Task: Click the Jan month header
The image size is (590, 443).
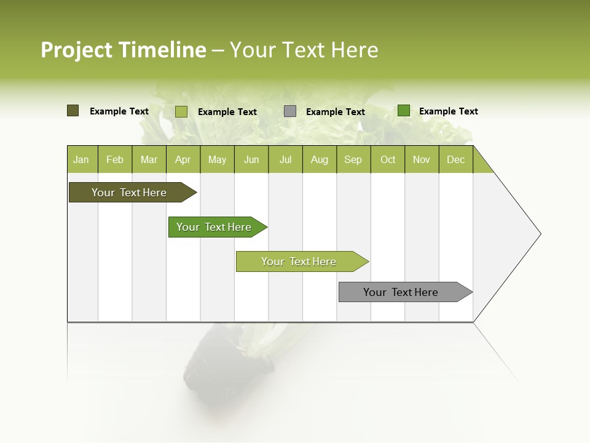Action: pyautogui.click(x=82, y=159)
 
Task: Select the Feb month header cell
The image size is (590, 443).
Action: pyautogui.click(x=115, y=159)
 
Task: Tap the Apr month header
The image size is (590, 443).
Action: pyautogui.click(x=183, y=159)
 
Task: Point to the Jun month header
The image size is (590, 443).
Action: pyautogui.click(x=251, y=159)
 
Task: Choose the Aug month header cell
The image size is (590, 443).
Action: pyautogui.click(x=320, y=159)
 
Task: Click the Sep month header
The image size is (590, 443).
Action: pyautogui.click(x=353, y=159)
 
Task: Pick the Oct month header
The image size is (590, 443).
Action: pyautogui.click(x=388, y=159)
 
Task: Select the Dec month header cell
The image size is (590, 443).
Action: pyautogui.click(x=456, y=159)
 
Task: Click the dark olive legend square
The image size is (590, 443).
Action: pyautogui.click(x=73, y=111)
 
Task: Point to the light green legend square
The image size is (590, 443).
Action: pyautogui.click(x=181, y=111)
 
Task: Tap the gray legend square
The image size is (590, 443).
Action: pyautogui.click(x=290, y=111)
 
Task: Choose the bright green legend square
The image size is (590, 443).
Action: pyautogui.click(x=404, y=111)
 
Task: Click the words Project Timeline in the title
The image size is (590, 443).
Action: pyautogui.click(x=123, y=50)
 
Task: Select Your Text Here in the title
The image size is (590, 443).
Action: pyautogui.click(x=304, y=50)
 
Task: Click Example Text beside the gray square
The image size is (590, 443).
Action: pyautogui.click(x=336, y=112)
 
